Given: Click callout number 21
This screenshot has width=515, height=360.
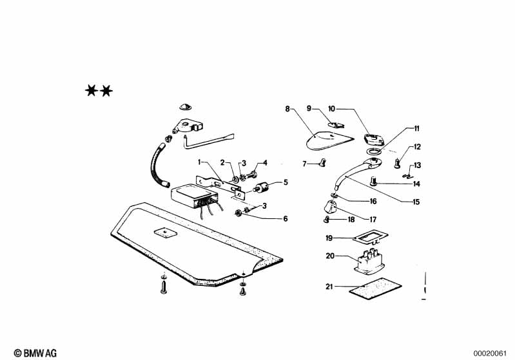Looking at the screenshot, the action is pyautogui.click(x=329, y=287).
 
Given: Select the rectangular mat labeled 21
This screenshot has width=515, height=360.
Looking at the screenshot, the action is pyautogui.click(x=375, y=289).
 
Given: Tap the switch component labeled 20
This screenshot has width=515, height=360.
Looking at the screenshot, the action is pyautogui.click(x=369, y=261).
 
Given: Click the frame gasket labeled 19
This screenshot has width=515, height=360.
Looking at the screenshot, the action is pyautogui.click(x=370, y=237).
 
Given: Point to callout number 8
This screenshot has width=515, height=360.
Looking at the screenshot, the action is pyautogui.click(x=287, y=109).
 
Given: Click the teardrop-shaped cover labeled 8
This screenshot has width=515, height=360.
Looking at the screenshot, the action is pyautogui.click(x=329, y=140).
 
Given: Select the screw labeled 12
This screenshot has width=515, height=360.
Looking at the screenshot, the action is pyautogui.click(x=398, y=163).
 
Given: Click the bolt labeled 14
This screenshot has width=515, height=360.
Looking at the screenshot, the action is pyautogui.click(x=373, y=181).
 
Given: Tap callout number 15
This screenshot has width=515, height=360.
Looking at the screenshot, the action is pyautogui.click(x=416, y=202).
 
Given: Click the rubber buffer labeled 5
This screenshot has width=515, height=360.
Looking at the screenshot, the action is pyautogui.click(x=262, y=188).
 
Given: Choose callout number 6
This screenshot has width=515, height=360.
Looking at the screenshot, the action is pyautogui.click(x=285, y=218).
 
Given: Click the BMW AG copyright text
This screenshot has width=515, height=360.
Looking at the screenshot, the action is pyautogui.click(x=35, y=353).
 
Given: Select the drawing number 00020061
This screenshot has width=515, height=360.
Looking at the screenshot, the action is pyautogui.click(x=490, y=354).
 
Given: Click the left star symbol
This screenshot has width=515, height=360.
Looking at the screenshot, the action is pyautogui.click(x=91, y=90).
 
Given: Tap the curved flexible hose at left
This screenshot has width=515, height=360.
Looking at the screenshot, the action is pyautogui.click(x=158, y=166).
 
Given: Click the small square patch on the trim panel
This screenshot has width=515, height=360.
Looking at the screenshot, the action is pyautogui.click(x=166, y=232).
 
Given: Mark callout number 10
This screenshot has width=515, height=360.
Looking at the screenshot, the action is pyautogui.click(x=332, y=109).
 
